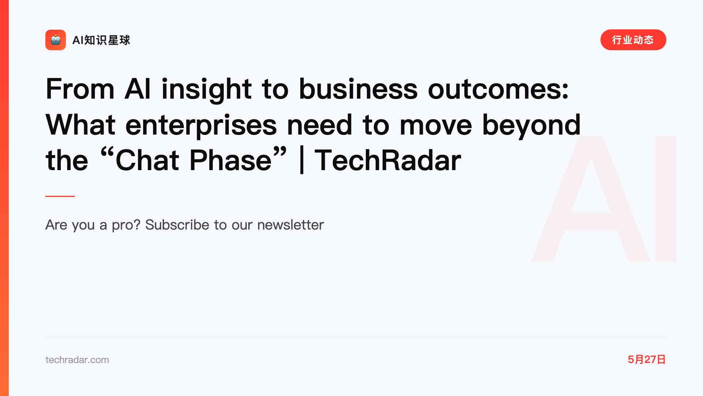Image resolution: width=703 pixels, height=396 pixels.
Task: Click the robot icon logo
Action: click(56, 40)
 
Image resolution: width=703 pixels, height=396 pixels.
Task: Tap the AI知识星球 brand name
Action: click(101, 40)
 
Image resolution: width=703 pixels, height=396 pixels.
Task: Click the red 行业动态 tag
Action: click(633, 40)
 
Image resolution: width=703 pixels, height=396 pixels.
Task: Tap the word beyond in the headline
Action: click(531, 125)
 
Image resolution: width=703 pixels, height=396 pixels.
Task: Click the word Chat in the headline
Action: click(147, 160)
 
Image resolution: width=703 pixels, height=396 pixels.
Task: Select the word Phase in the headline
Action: click(230, 160)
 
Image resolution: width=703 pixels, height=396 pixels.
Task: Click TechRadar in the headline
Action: click(388, 160)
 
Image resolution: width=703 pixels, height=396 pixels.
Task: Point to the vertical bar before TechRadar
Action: click(302, 160)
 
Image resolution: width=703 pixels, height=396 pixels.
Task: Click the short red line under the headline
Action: click(60, 196)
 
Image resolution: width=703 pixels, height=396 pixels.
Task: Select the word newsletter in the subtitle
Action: click(290, 225)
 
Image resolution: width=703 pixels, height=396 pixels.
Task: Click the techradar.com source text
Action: click(77, 360)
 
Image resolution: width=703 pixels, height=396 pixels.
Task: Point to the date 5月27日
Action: click(647, 359)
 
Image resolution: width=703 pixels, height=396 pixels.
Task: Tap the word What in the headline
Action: click(81, 125)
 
